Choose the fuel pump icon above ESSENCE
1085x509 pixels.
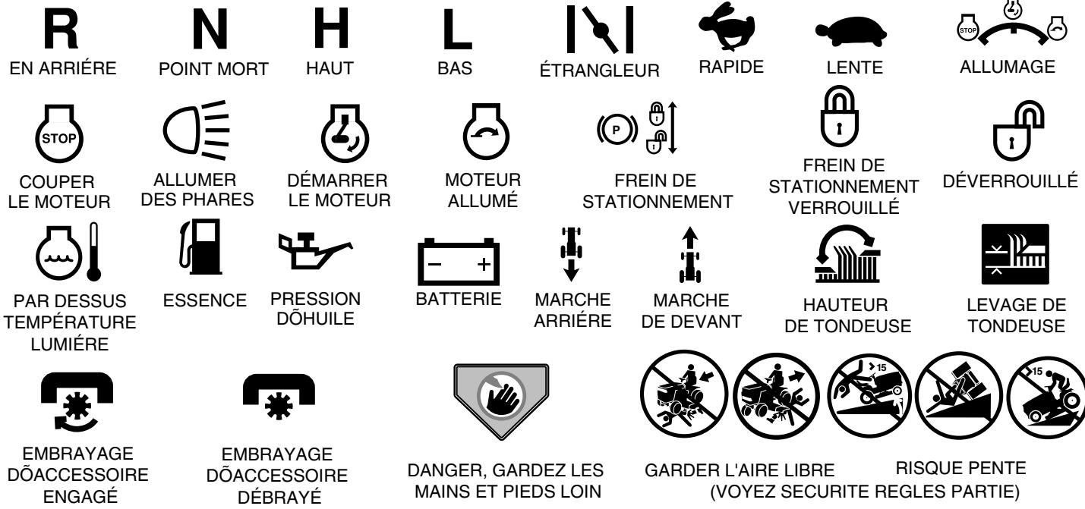(x=196, y=257)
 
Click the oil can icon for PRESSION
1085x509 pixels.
(x=312, y=254)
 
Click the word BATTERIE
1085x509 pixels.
(x=459, y=300)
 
